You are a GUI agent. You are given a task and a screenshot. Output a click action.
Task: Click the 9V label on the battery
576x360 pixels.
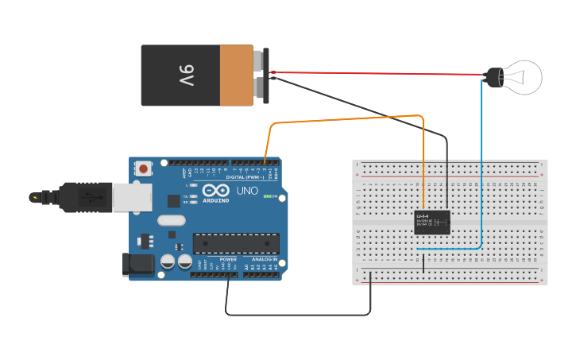pos(185,75)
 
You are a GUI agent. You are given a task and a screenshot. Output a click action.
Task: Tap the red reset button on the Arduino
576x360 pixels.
pos(144,168)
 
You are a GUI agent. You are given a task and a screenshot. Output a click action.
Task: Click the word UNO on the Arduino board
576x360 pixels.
pos(247,191)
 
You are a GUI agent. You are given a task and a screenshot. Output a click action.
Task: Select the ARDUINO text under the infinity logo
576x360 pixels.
pos(215,200)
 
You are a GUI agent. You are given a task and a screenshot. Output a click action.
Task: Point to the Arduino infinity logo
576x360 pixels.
pos(215,191)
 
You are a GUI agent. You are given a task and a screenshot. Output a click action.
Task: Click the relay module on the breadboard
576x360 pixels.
pos(433,223)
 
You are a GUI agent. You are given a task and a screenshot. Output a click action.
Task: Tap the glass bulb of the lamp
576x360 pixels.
pos(524,77)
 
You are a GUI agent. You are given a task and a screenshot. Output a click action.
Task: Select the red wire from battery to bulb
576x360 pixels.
pos(373,74)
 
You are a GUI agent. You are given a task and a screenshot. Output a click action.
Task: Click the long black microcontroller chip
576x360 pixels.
pos(236,243)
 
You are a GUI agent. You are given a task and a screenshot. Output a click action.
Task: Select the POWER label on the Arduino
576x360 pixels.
pos(228,260)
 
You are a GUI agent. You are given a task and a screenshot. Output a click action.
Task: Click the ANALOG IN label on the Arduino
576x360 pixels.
pos(265,260)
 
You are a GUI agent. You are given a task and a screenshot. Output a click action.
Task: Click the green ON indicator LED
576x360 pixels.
pos(268,197)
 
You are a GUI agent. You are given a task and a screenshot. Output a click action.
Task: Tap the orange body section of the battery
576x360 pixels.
pos(236,75)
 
